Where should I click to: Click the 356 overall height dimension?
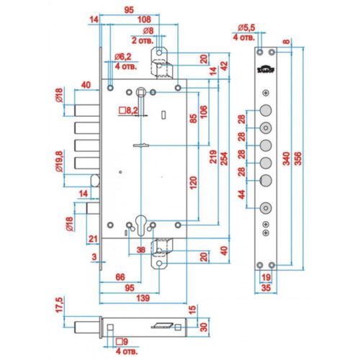[298, 158]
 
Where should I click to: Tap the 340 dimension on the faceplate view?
[287, 158]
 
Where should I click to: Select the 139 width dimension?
[143, 298]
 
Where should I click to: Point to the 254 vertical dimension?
[224, 158]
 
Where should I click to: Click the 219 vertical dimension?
[213, 157]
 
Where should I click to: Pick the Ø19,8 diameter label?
[59, 161]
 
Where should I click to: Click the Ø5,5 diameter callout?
[246, 28]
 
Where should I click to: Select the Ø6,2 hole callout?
[123, 57]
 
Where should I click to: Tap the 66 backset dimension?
[120, 277]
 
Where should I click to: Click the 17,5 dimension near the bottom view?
[59, 305]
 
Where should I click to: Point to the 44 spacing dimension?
[242, 194]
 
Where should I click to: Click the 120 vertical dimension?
[193, 183]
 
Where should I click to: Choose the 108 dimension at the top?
[144, 19]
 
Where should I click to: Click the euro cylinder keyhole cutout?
[140, 225]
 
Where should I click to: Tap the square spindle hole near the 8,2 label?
[140, 91]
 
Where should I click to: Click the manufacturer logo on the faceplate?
[266, 69]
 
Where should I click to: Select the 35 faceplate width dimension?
[266, 288]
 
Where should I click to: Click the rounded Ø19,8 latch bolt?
[95, 181]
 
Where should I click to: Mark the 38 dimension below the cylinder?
[141, 250]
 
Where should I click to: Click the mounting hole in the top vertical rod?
[159, 53]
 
